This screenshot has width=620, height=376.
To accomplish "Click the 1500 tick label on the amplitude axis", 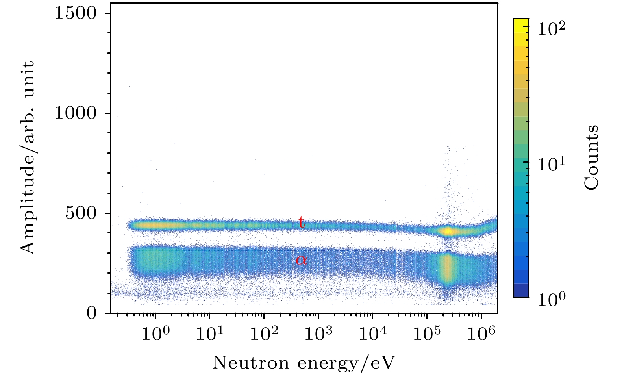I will click(x=75, y=13).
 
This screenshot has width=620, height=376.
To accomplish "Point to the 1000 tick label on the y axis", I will click(x=75, y=113).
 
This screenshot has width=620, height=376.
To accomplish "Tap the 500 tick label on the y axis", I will click(x=80, y=213).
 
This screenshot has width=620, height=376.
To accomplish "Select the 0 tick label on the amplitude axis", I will click(x=91, y=313).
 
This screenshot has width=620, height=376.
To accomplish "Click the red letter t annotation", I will click(x=301, y=222).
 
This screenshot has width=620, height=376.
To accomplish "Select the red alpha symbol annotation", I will click(x=301, y=259).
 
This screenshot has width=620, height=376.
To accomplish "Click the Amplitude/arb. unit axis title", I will click(x=28, y=157).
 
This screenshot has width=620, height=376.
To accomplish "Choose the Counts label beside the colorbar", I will click(x=591, y=157).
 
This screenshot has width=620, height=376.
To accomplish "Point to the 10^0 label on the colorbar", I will click(x=551, y=300).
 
